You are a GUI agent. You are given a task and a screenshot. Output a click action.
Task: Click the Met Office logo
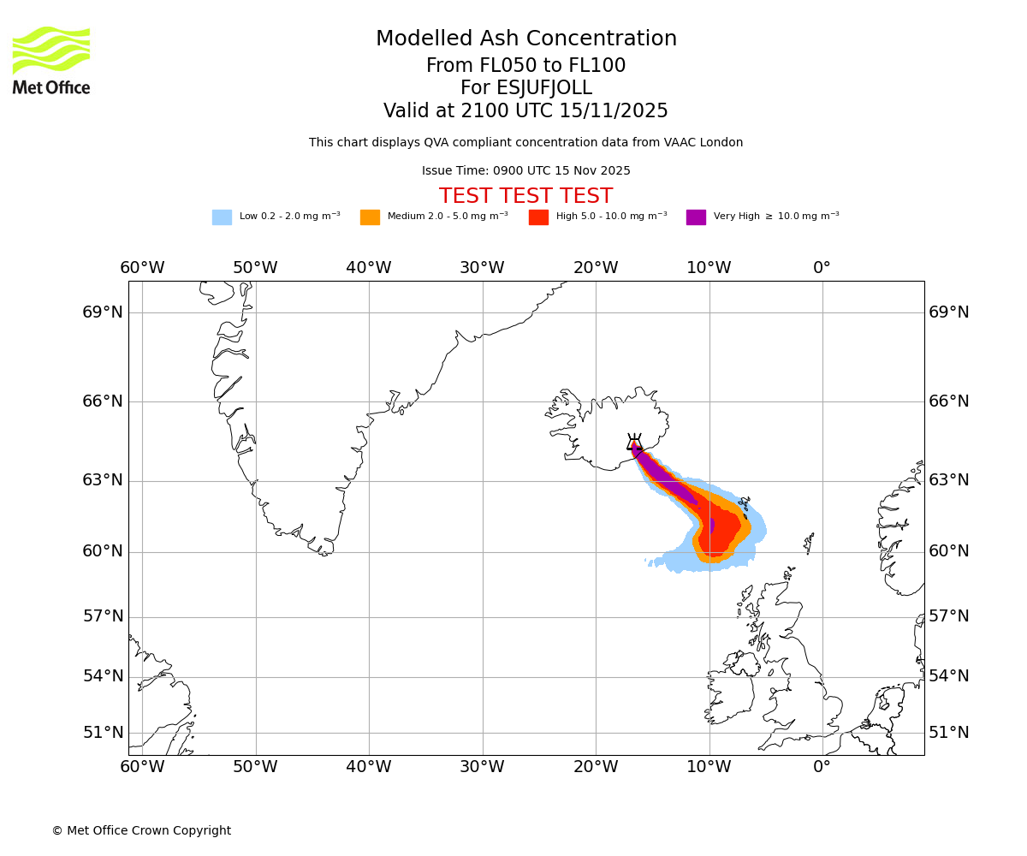tap(51, 60)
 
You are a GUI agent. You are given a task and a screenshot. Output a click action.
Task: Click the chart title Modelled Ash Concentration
tap(525, 39)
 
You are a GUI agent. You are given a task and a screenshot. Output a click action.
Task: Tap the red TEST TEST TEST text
tap(525, 197)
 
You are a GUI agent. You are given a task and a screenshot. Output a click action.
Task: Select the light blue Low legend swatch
tap(222, 217)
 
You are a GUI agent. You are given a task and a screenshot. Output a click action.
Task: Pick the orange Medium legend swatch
tap(370, 217)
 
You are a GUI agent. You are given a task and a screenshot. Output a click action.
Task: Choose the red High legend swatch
tap(538, 217)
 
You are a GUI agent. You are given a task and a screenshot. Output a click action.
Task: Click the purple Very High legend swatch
tap(696, 217)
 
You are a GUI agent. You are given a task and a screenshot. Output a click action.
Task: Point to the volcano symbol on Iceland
tap(634, 443)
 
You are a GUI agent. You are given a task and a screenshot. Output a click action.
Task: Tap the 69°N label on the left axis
tap(103, 312)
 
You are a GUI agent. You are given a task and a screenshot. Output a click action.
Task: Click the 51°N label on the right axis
tap(948, 733)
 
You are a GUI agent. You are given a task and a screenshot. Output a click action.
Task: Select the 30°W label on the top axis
tap(482, 268)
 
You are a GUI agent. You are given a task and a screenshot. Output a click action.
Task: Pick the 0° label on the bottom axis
tap(822, 767)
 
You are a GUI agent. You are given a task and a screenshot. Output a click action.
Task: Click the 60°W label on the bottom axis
tap(142, 767)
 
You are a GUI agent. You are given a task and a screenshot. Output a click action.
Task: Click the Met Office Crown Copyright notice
tap(141, 831)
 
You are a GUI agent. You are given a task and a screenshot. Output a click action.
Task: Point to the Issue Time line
tap(525, 171)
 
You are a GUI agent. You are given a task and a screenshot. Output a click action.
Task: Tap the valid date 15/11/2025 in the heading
tap(614, 111)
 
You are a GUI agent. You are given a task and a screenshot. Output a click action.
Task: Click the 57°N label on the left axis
tap(103, 617)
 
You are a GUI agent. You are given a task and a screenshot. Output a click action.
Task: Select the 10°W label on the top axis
tap(709, 268)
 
